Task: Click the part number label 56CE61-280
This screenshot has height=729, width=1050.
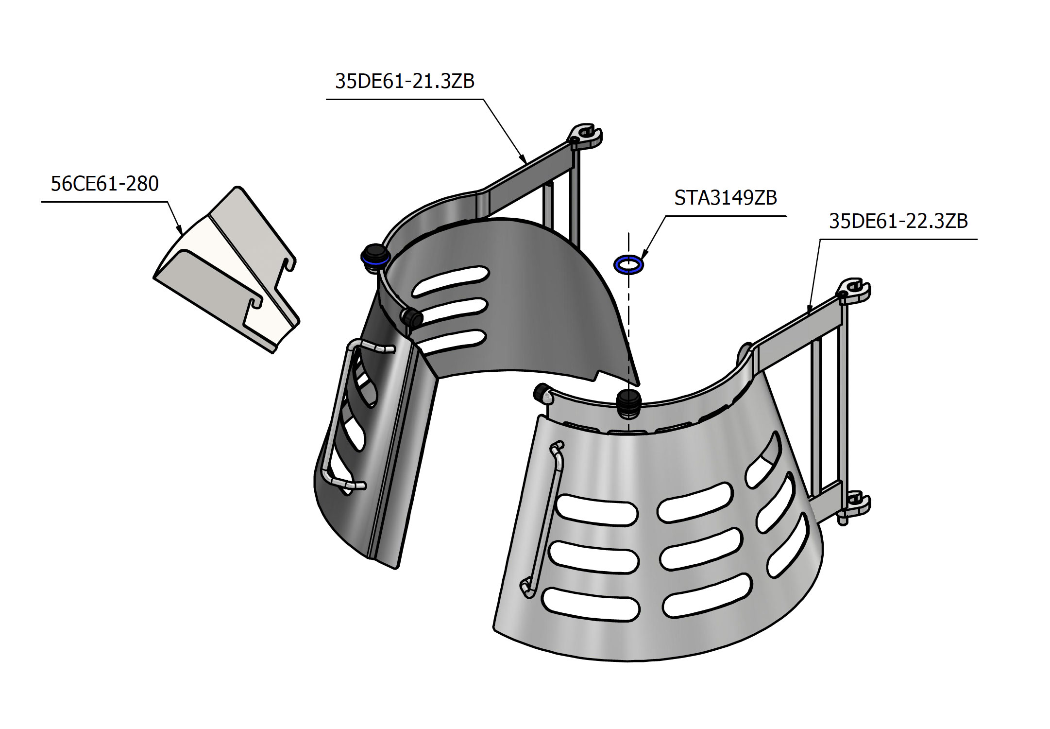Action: [x=104, y=184]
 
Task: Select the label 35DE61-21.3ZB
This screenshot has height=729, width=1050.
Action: [x=405, y=81]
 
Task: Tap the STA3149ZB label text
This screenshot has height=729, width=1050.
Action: [x=726, y=198]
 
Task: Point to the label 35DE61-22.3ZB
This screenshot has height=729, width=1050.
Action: [x=898, y=221]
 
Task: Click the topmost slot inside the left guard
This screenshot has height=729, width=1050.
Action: [x=450, y=280]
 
